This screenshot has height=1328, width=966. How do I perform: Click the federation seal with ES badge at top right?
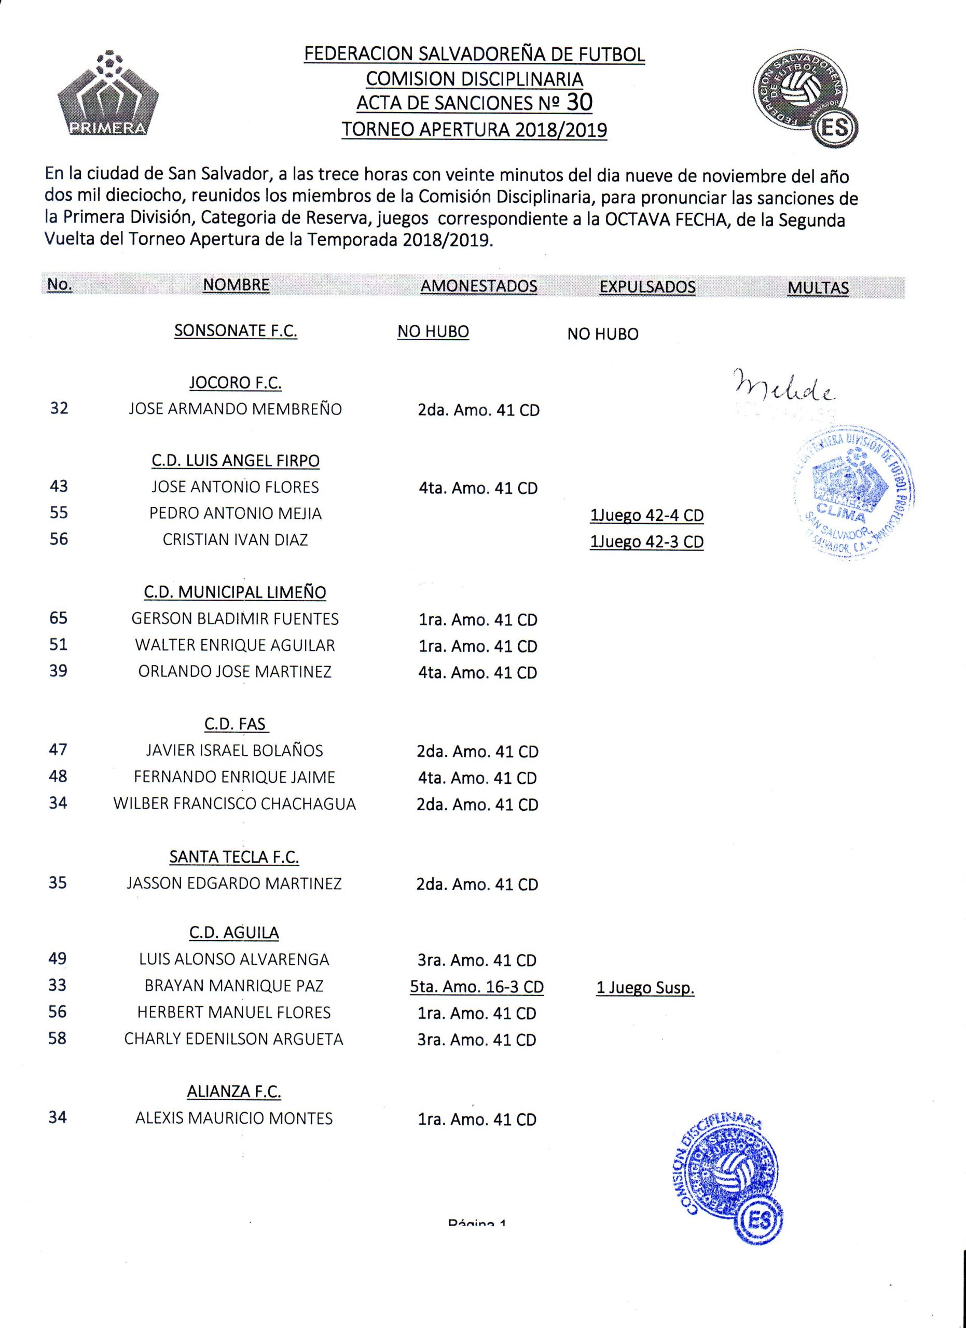(806, 101)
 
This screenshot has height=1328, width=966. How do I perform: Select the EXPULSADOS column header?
(647, 287)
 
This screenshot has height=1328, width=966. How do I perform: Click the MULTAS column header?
(818, 287)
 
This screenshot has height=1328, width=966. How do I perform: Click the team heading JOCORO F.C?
(236, 383)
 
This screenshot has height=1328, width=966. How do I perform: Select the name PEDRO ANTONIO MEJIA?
(236, 514)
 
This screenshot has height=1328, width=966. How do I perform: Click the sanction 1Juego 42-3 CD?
(646, 542)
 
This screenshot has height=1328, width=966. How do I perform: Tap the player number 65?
(59, 618)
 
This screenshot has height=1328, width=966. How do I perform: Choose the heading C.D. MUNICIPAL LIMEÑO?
(236, 592)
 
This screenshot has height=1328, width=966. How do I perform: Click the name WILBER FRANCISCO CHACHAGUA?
(235, 804)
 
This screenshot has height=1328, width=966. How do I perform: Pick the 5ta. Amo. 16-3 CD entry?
(477, 987)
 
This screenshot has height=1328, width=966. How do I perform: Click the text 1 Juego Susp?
(645, 988)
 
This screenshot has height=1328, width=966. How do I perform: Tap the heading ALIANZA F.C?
(234, 1091)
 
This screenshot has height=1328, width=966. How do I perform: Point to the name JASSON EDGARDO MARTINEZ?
(234, 883)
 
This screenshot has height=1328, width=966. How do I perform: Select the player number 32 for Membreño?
(59, 408)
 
